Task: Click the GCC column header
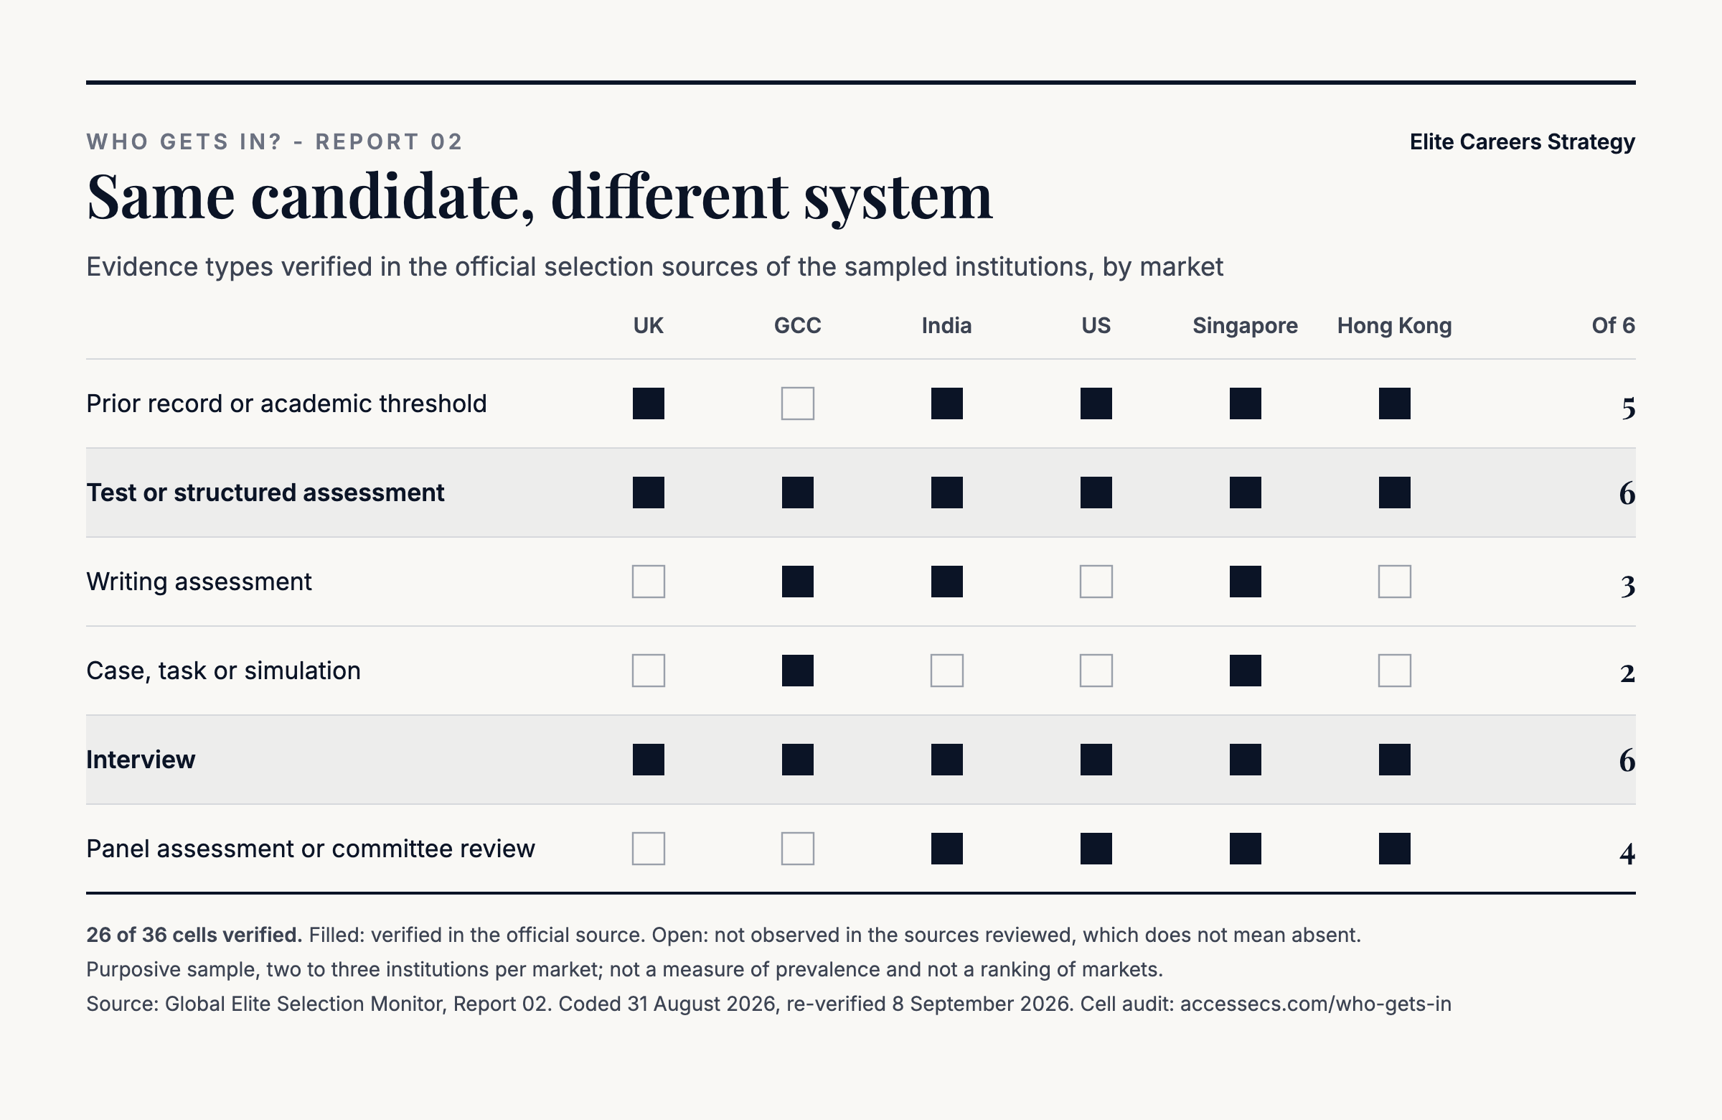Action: [x=797, y=326]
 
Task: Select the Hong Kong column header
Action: [x=1394, y=326]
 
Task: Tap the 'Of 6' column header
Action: [x=1613, y=326]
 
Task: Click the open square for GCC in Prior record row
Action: [x=797, y=403]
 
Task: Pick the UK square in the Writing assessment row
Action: [x=649, y=582]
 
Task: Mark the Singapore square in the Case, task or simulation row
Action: [x=1245, y=671]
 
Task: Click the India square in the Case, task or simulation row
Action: [x=946, y=671]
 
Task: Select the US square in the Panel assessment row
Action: [x=1096, y=849]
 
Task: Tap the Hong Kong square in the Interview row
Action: [x=1394, y=760]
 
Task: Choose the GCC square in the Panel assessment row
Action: [x=797, y=849]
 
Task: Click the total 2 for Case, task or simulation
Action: [x=1627, y=674]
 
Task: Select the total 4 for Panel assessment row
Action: [x=1627, y=854]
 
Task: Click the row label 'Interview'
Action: [x=141, y=760]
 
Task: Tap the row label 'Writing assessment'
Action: [x=199, y=582]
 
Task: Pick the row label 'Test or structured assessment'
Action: [x=265, y=493]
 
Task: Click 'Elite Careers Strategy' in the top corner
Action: [x=1523, y=142]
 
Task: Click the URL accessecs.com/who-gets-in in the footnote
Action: [x=1315, y=1004]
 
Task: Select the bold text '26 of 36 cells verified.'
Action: [x=194, y=935]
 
